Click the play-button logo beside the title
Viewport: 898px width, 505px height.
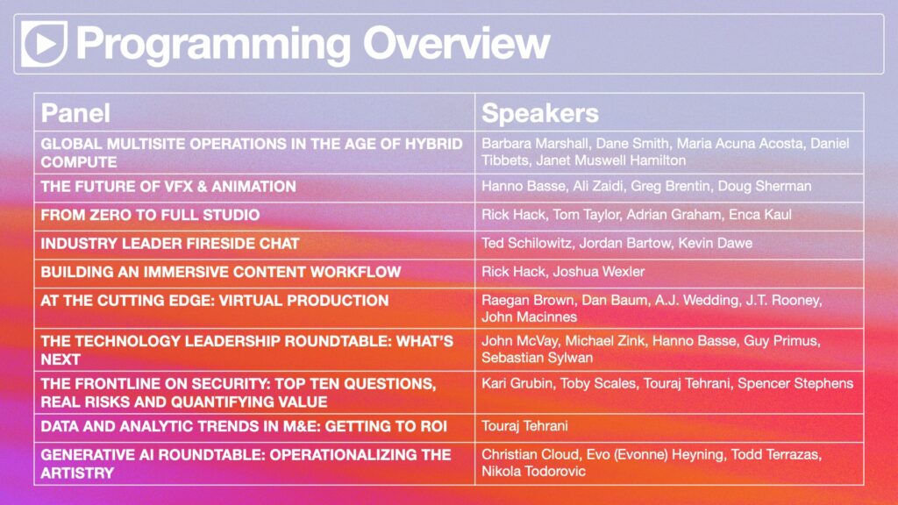44,44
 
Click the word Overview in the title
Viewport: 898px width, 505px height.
456,44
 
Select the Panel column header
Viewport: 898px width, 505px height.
75,113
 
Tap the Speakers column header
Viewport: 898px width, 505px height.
539,113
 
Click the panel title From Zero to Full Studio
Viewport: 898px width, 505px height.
150,215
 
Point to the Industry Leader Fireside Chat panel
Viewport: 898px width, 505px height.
170,244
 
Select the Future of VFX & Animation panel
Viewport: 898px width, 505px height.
168,186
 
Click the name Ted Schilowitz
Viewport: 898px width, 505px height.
526,243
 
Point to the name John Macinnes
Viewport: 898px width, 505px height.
529,317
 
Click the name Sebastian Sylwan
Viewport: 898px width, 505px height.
538,358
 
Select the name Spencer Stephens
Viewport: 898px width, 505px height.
795,383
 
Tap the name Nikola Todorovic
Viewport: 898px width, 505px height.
534,471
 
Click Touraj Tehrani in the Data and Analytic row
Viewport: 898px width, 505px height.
524,426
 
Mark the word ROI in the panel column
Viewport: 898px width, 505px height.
431,427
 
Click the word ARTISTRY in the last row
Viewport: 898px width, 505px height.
77,473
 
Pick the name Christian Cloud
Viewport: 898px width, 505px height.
531,454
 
